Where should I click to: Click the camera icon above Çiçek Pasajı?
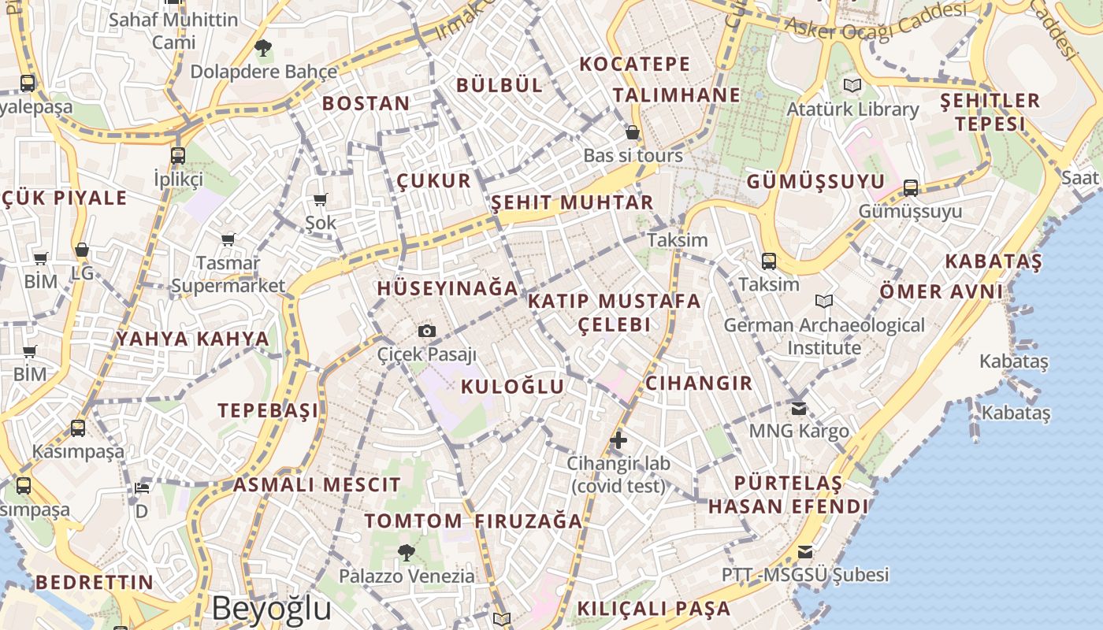[x=426, y=331]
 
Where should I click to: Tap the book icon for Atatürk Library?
[x=852, y=85]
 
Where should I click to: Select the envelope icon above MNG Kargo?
[x=799, y=407]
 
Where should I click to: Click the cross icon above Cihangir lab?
[x=618, y=439]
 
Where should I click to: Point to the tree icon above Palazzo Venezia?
[x=407, y=552]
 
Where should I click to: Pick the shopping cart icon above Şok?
[x=320, y=199]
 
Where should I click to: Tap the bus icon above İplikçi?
[x=178, y=155]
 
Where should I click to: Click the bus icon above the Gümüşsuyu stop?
[x=911, y=187]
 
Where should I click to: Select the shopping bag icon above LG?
[x=81, y=250]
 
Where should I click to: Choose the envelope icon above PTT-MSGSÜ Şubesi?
[x=805, y=551]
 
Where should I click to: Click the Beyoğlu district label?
[x=272, y=609]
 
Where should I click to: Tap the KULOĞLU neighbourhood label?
[x=512, y=387]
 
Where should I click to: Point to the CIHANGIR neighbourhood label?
[x=699, y=384]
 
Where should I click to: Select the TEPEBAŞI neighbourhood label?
[x=269, y=410]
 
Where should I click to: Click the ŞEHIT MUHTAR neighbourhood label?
[x=573, y=202]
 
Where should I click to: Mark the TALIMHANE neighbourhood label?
[x=677, y=95]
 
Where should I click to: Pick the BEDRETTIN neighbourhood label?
[x=95, y=583]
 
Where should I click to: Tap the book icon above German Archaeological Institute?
[x=824, y=301]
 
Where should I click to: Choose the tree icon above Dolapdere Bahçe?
[x=263, y=48]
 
